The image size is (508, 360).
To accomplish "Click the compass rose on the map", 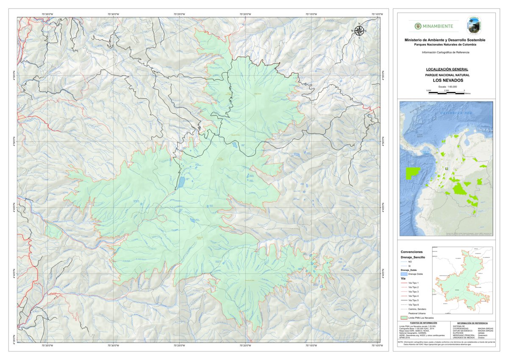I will [x=359, y=31].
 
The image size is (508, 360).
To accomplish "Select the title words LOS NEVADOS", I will [x=447, y=80].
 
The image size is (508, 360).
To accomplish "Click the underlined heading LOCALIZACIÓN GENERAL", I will [x=447, y=69].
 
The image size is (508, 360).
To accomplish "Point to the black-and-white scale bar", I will [x=446, y=92].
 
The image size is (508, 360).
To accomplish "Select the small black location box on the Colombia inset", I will [x=446, y=168].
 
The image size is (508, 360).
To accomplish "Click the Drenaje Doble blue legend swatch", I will [x=404, y=274].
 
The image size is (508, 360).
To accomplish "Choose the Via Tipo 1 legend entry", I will [x=414, y=283].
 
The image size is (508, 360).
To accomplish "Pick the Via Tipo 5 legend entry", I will [x=414, y=300].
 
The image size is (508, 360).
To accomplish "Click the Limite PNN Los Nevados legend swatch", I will [x=404, y=317].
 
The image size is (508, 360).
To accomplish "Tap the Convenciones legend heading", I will [x=411, y=251].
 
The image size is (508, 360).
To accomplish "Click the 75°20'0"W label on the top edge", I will [x=245, y=14].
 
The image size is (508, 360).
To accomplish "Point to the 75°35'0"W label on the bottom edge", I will [x=47, y=346].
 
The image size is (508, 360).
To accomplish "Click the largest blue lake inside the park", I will [x=181, y=182].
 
